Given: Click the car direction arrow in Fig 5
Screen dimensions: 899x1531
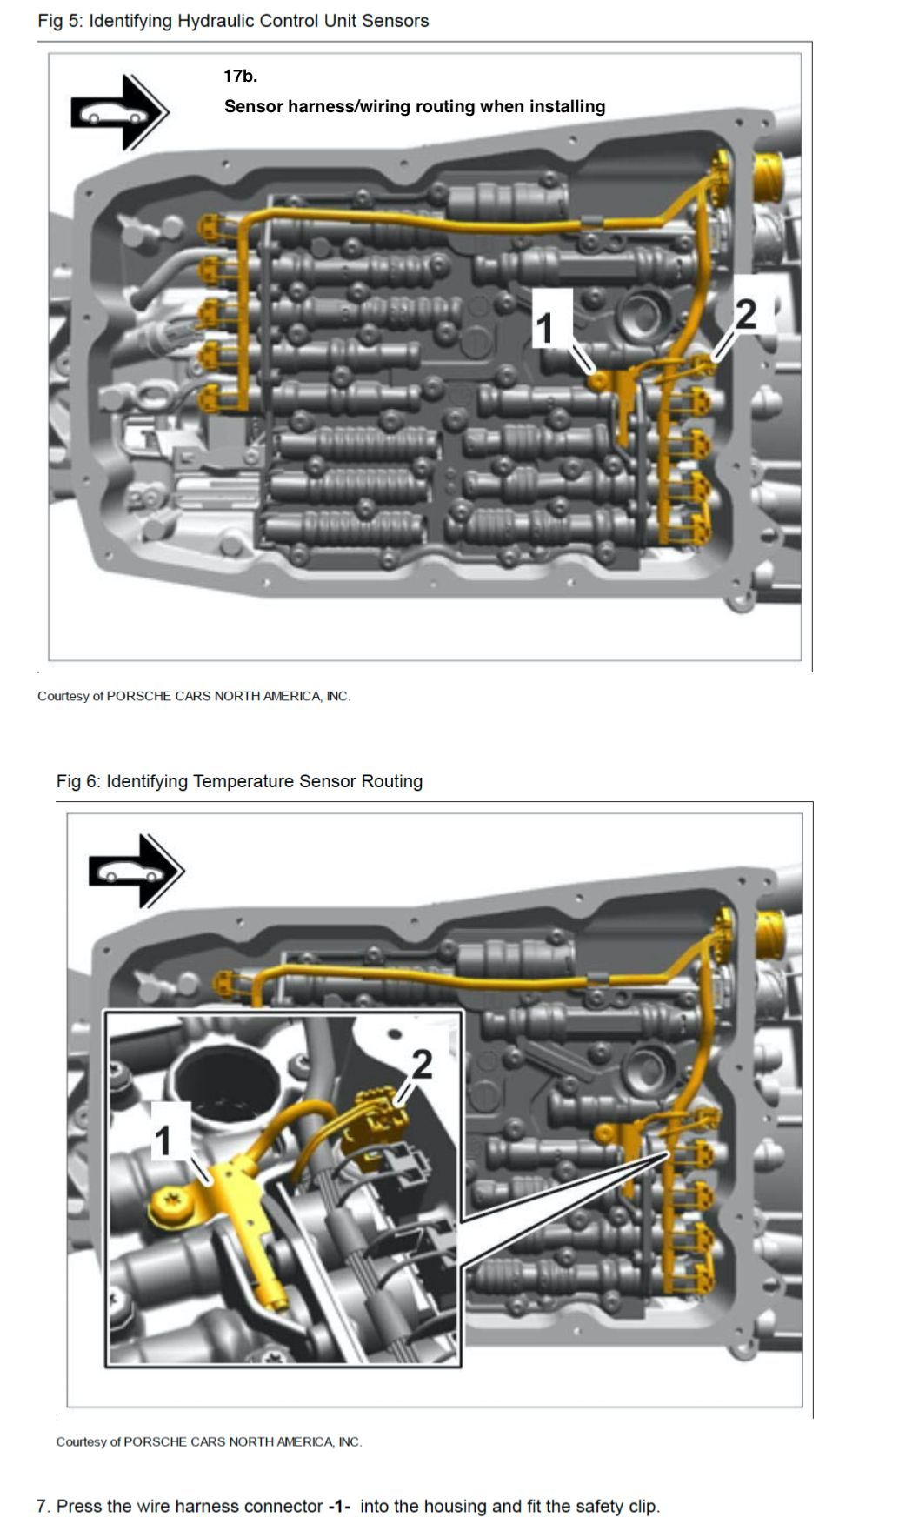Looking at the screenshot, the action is point(120,112).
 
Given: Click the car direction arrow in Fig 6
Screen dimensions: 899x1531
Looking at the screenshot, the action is point(137,871).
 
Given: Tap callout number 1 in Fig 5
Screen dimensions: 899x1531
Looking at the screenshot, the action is point(545,328).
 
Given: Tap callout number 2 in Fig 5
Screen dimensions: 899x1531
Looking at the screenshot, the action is point(746,314).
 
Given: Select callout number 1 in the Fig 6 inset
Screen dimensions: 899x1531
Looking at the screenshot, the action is point(163,1140).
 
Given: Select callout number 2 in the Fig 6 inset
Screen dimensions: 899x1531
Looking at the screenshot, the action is point(422,1064).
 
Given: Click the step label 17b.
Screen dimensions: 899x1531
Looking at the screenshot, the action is point(241,77).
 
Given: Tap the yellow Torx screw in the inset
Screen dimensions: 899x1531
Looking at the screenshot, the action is point(166,1207).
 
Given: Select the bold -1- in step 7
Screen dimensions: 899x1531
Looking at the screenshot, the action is point(339,1507).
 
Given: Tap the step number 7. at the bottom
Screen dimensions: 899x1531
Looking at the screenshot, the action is point(43,1507).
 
